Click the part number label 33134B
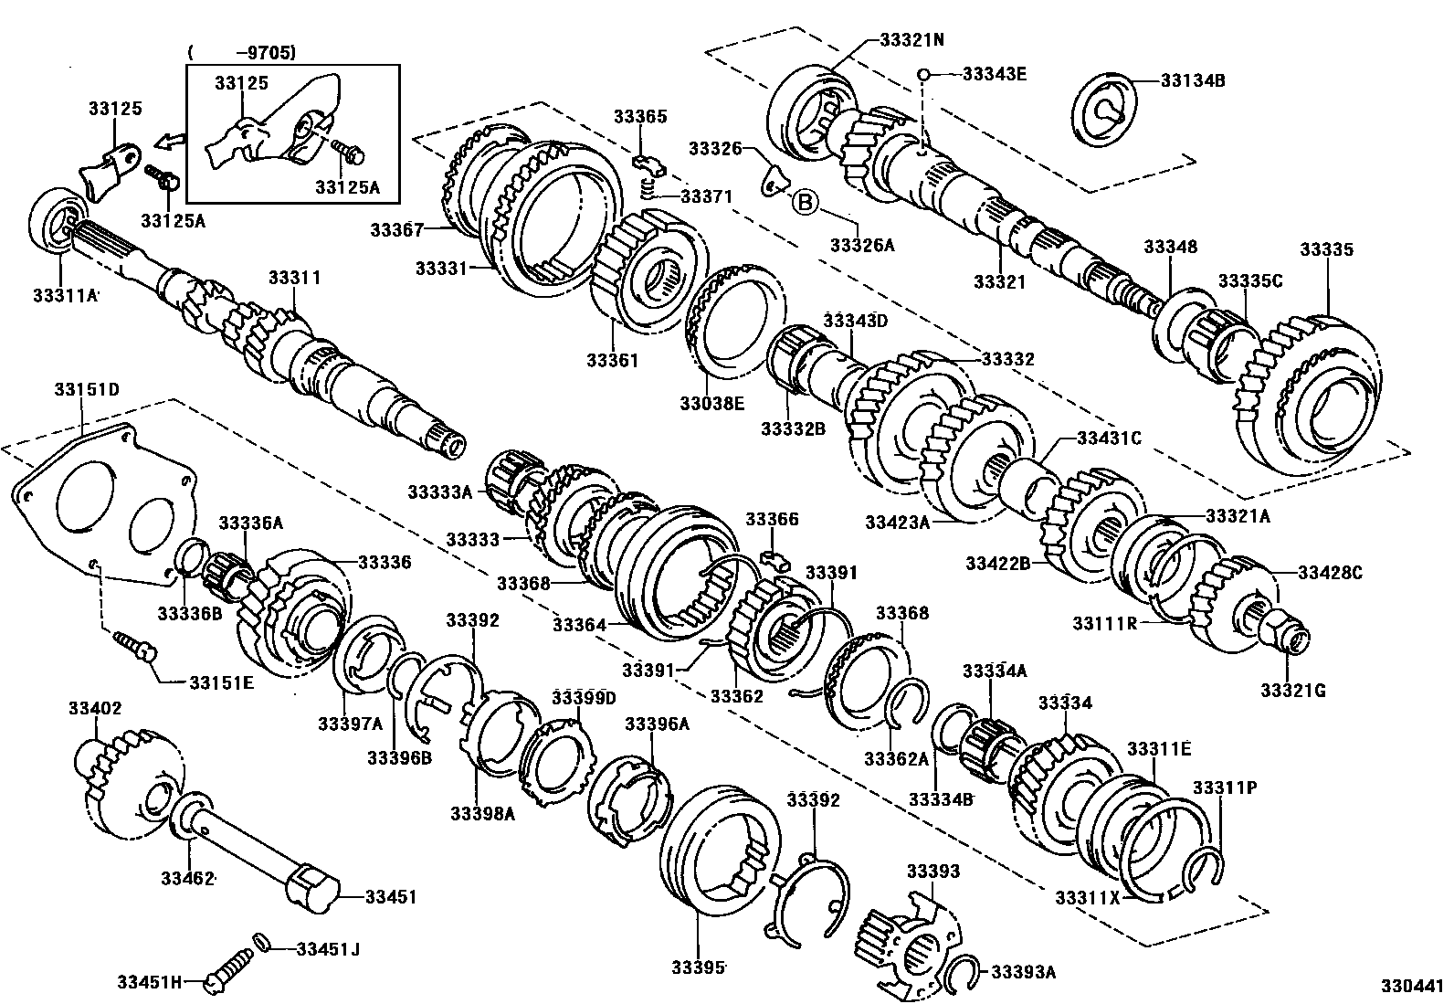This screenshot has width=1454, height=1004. [1193, 80]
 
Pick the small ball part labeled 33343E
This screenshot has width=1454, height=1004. [924, 74]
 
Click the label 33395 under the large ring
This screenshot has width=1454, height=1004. [700, 967]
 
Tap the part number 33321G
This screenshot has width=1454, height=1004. [1292, 690]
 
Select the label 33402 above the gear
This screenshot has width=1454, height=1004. [95, 708]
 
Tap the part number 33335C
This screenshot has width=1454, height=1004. [1250, 280]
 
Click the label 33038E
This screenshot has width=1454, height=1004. [711, 402]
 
